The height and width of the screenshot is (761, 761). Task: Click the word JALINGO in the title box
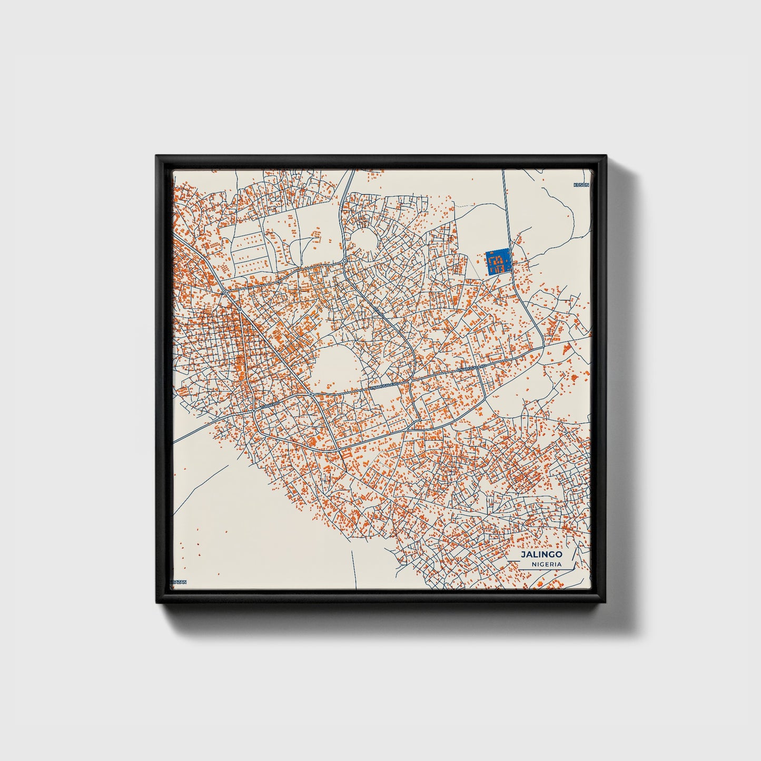(541, 555)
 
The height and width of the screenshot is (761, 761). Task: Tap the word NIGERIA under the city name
(546, 565)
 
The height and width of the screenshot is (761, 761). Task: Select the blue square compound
(498, 261)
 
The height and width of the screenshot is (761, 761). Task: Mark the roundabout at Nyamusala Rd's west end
(311, 394)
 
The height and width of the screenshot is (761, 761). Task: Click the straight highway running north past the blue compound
(506, 211)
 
